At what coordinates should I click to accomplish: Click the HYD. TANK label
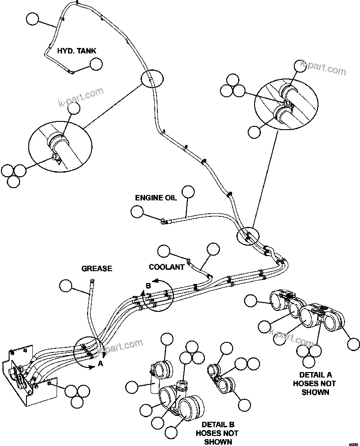pyautogui.click(x=77, y=51)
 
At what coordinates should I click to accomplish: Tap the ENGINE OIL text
pyautogui.click(x=156, y=198)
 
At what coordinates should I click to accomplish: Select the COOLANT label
pyautogui.click(x=167, y=266)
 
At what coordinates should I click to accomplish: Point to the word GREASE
pyautogui.click(x=97, y=268)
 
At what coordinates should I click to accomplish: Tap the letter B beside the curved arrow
pyautogui.click(x=148, y=285)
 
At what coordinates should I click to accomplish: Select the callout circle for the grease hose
pyautogui.click(x=66, y=286)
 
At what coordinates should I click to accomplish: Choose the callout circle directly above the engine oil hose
pyautogui.click(x=188, y=192)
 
